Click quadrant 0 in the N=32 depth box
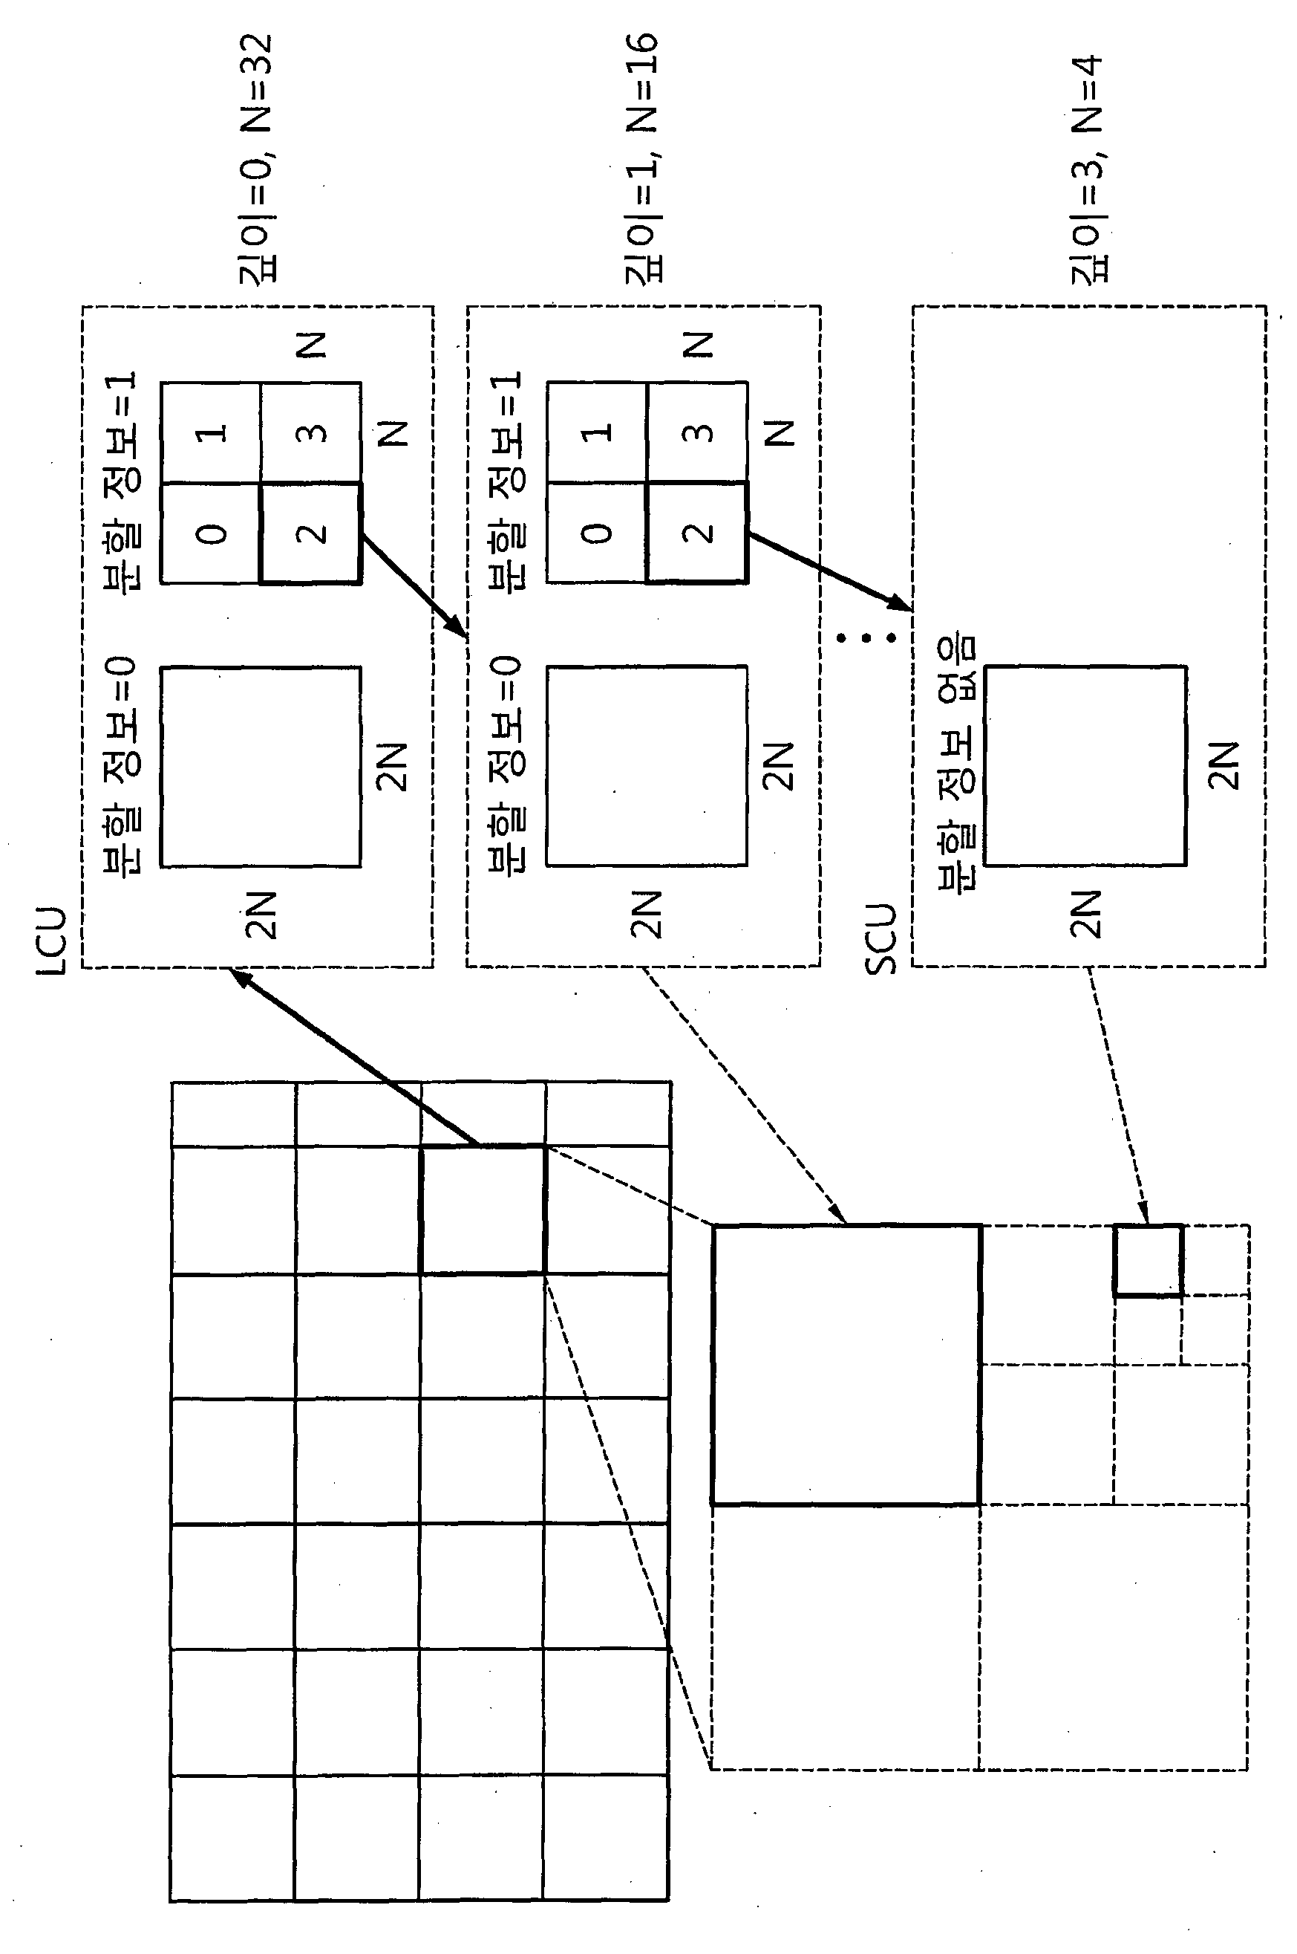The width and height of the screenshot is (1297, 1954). [x=211, y=533]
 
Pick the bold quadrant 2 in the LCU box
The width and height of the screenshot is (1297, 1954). [x=311, y=533]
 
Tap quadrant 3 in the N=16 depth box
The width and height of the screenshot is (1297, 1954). [x=697, y=432]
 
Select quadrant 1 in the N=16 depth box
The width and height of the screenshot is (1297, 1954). [x=596, y=432]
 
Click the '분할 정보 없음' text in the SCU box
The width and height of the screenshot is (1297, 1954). [x=957, y=761]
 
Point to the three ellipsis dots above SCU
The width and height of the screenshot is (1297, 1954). [x=865, y=637]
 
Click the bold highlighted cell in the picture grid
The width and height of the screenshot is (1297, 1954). [x=483, y=1209]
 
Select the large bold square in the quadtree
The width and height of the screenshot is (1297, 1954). [x=846, y=1364]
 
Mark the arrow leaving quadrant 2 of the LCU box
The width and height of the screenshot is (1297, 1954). [x=414, y=586]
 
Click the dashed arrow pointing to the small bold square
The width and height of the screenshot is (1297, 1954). [x=1117, y=1095]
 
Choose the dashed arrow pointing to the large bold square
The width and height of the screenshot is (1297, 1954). [x=745, y=1095]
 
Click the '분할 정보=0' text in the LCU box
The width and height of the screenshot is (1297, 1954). [x=122, y=765]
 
